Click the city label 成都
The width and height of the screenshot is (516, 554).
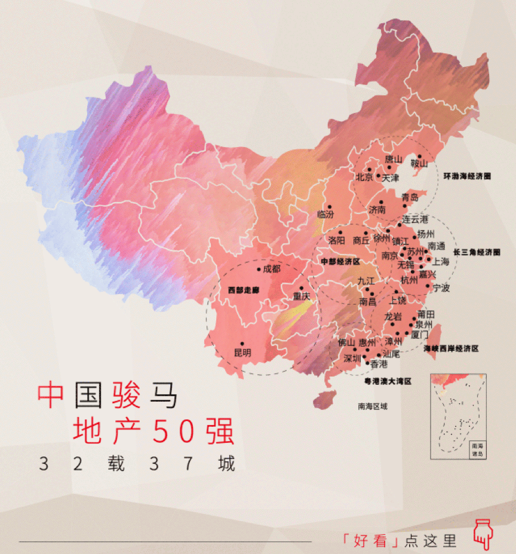(272, 269)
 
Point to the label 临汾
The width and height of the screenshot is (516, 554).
(325, 214)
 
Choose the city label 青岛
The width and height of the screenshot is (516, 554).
(410, 197)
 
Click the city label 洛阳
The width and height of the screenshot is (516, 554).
(336, 240)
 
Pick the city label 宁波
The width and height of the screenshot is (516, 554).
(441, 288)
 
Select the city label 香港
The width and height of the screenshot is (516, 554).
(379, 363)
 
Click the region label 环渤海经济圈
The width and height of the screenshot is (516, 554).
(466, 177)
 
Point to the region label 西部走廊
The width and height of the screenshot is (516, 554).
(244, 290)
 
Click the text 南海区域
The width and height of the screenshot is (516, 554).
(373, 406)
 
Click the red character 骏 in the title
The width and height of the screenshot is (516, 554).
(126, 394)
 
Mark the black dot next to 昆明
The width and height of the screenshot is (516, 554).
(241, 343)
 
